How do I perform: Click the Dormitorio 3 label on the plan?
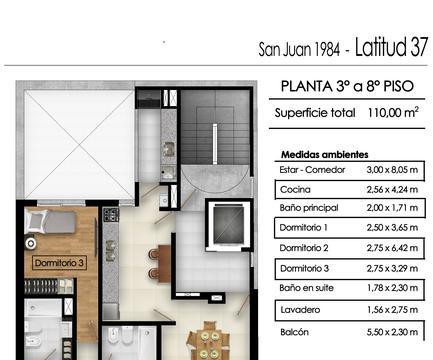click(x=59, y=263)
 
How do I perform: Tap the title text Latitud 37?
click(x=391, y=47)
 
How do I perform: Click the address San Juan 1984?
click(x=299, y=50)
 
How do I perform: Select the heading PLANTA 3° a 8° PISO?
click(x=347, y=86)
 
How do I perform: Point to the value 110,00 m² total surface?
click(x=393, y=113)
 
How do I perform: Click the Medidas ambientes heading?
click(x=325, y=155)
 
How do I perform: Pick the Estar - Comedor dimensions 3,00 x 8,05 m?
click(x=392, y=170)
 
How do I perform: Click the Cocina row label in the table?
click(x=295, y=190)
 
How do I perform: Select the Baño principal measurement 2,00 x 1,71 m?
click(x=392, y=208)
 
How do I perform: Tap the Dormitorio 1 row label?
click(x=304, y=228)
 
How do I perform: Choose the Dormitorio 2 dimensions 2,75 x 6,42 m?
click(x=392, y=248)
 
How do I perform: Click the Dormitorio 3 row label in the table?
click(x=304, y=268)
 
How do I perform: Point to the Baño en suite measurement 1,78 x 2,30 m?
click(x=392, y=288)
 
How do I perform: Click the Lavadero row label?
click(x=300, y=310)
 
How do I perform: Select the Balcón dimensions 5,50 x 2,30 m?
click(x=392, y=332)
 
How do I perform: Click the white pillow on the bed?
click(x=36, y=221)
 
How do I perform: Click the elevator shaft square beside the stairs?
click(x=228, y=225)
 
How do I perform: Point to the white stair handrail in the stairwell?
click(x=215, y=144)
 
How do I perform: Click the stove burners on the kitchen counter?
click(x=111, y=215)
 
